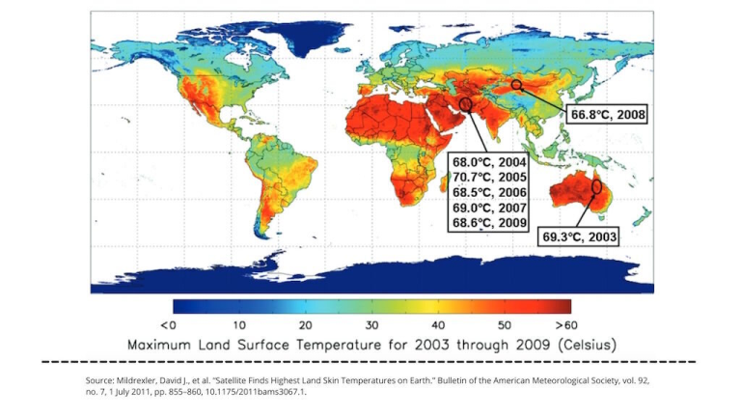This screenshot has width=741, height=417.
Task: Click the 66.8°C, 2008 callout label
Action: [x=606, y=114]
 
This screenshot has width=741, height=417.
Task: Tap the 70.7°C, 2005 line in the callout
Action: [x=489, y=178]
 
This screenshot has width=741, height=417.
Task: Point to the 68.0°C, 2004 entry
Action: [x=489, y=163]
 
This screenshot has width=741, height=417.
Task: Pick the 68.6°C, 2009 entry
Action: [x=489, y=222]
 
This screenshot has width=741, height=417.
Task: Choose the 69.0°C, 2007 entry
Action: [x=489, y=208]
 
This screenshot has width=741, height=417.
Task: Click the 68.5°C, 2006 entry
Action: [x=489, y=193]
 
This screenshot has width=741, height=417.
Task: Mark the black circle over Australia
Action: [x=596, y=185]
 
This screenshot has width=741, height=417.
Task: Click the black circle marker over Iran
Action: [x=465, y=103]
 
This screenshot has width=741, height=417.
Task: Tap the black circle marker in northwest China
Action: [x=517, y=85]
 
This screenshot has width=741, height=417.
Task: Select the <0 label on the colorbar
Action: [x=167, y=325]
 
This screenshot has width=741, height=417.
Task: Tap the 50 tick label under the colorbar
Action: [x=504, y=325]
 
